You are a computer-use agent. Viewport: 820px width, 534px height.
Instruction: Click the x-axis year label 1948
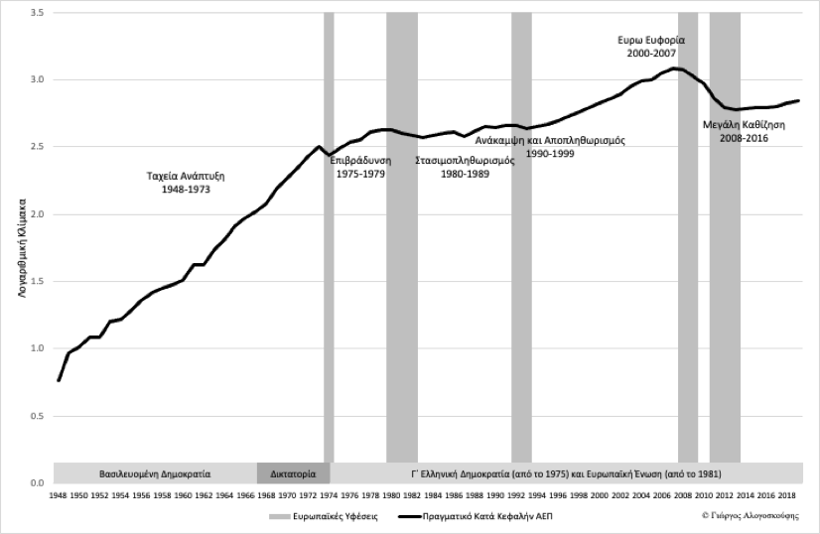[58, 494]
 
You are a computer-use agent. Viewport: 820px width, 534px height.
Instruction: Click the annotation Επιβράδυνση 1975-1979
[359, 167]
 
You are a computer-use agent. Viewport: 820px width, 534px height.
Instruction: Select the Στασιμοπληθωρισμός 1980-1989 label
[464, 167]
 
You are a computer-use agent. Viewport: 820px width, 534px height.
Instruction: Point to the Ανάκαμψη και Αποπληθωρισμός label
[550, 141]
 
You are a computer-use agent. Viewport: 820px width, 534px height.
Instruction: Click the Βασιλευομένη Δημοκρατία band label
[155, 472]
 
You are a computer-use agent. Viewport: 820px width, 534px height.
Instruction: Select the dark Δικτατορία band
[293, 472]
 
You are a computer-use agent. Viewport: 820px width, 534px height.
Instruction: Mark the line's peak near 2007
[675, 68]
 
